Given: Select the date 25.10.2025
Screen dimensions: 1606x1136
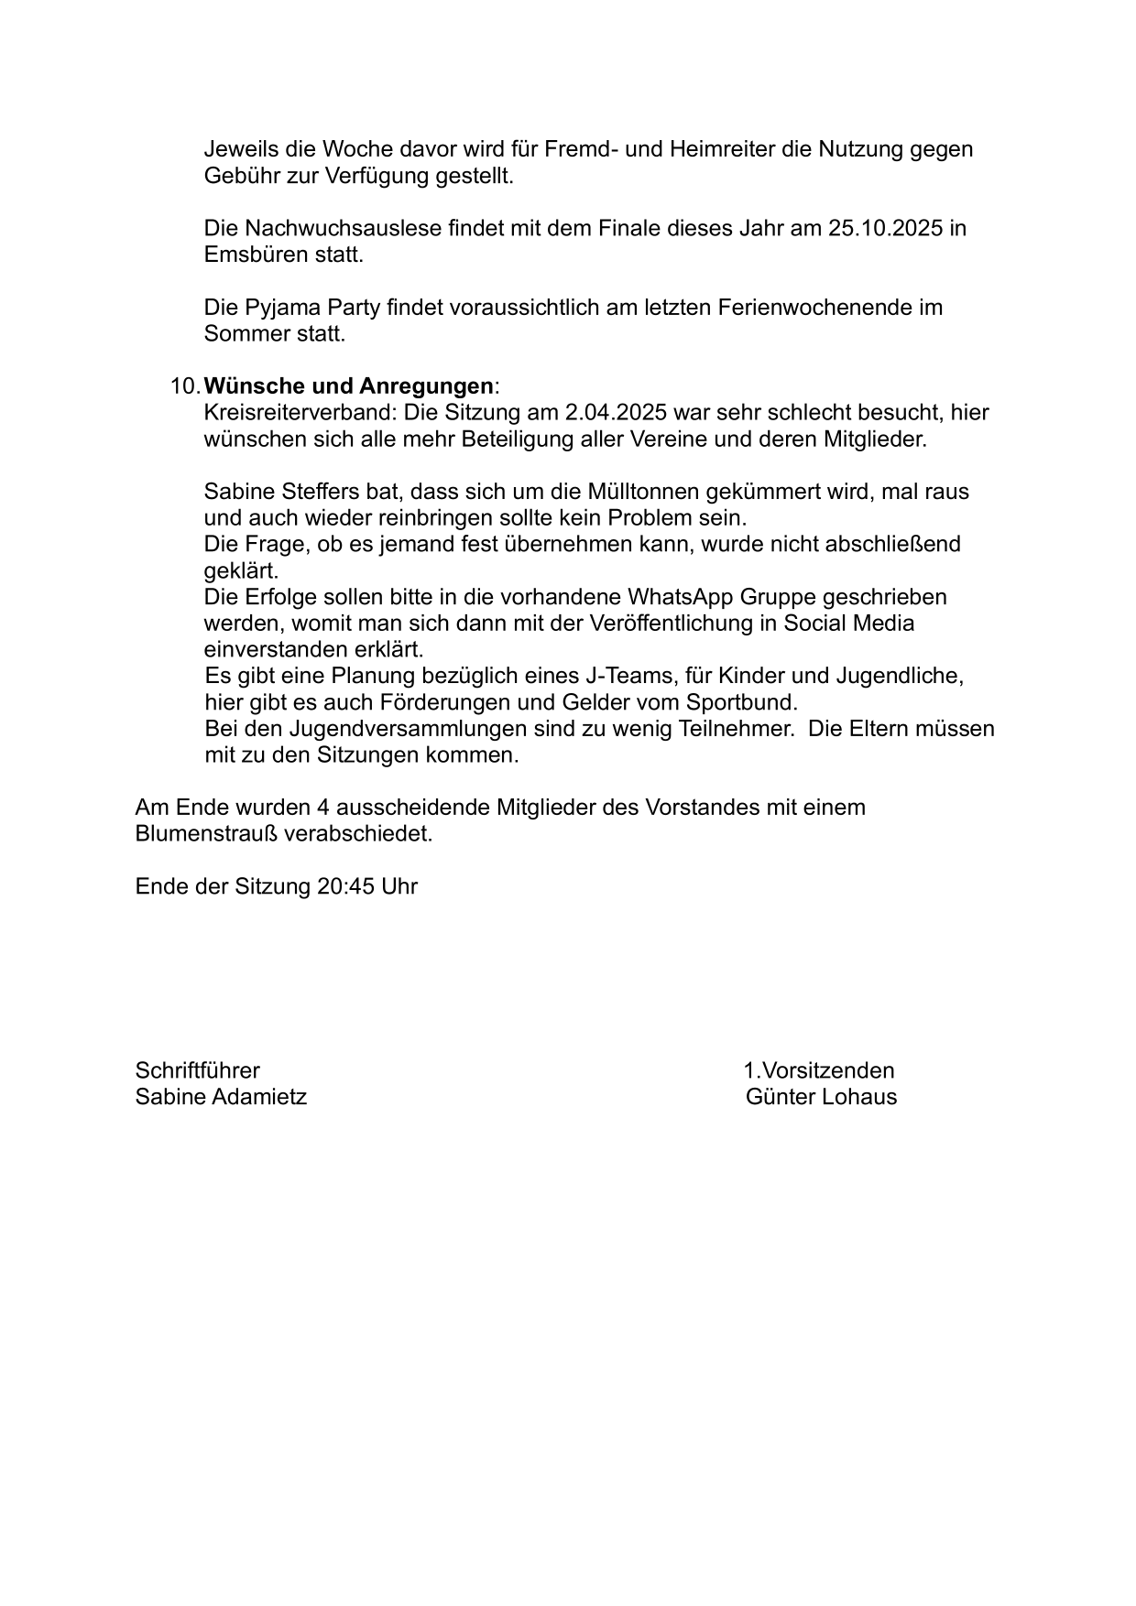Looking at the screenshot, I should [885, 228].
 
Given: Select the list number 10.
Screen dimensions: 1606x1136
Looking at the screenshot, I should [184, 385].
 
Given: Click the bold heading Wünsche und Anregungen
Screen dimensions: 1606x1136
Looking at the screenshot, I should [348, 385].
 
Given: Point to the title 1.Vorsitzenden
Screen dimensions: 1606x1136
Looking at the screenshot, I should [818, 1070].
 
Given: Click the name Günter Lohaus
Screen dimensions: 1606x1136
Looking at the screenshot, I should [821, 1097].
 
